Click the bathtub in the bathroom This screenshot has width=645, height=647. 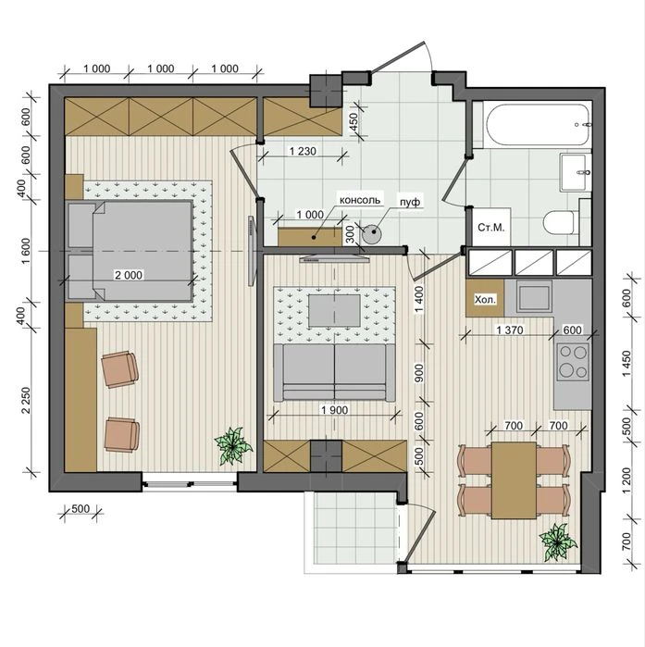pyautogui.click(x=538, y=124)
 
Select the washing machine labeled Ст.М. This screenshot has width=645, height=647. pyautogui.click(x=490, y=227)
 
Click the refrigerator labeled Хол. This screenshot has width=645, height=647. pyautogui.click(x=485, y=298)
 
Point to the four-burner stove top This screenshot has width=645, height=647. pyautogui.click(x=573, y=362)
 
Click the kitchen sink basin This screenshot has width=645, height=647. pyautogui.click(x=534, y=297)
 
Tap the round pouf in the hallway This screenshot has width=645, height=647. pyautogui.click(x=372, y=233)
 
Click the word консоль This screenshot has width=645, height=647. pyautogui.click(x=360, y=200)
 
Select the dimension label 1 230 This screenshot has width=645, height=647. pyautogui.click(x=303, y=152)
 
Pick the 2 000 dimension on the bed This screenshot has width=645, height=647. pyautogui.click(x=129, y=275)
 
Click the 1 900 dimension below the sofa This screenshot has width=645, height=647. pyautogui.click(x=334, y=410)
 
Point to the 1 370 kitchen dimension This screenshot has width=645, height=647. pyautogui.click(x=510, y=330)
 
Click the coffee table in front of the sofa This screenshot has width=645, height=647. pyautogui.click(x=334, y=310)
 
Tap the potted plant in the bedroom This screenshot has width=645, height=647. pyautogui.click(x=233, y=446)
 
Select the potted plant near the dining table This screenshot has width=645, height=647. pyautogui.click(x=558, y=541)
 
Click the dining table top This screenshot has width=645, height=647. pyautogui.click(x=514, y=480)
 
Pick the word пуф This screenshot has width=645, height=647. pyautogui.click(x=410, y=202)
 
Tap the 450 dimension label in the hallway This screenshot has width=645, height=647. pyautogui.click(x=354, y=121)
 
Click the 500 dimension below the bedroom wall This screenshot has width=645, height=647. pyautogui.click(x=81, y=509)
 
